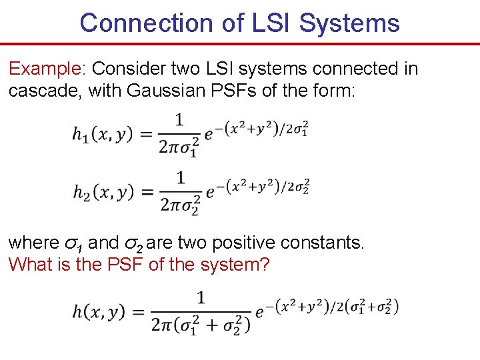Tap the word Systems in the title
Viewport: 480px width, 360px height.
[349, 23]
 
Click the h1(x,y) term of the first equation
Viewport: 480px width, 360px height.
[102, 134]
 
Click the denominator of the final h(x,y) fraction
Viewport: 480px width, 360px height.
[201, 325]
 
